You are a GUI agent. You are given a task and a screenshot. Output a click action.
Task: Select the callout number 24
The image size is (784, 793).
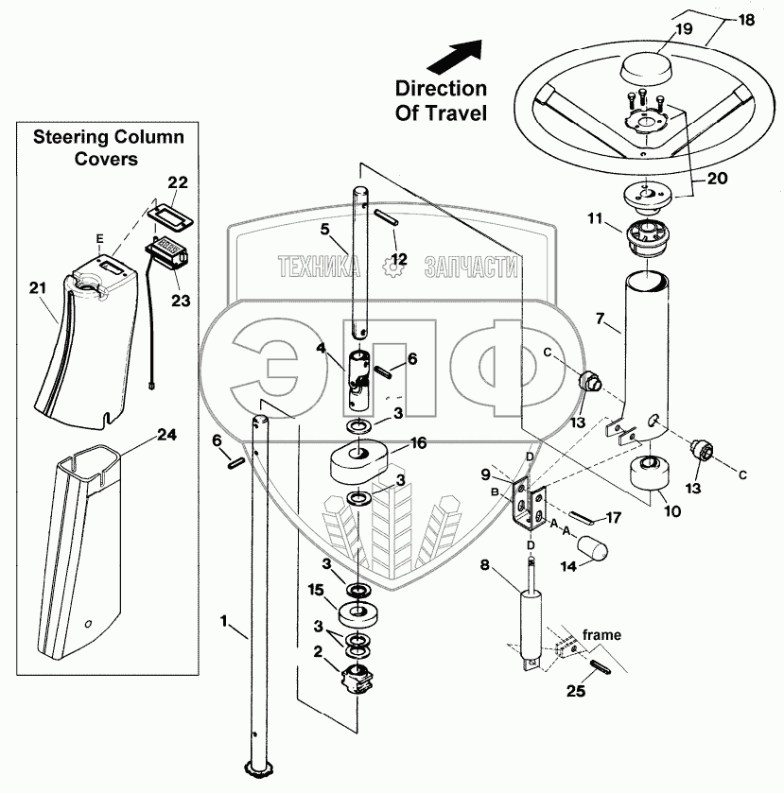pos(166,436)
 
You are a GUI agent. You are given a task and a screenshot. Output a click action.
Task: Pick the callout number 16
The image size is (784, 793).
pos(418,441)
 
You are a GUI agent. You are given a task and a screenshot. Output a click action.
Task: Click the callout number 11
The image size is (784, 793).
pos(594,218)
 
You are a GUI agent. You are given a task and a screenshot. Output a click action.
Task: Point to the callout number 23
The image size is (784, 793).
pos(180,302)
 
